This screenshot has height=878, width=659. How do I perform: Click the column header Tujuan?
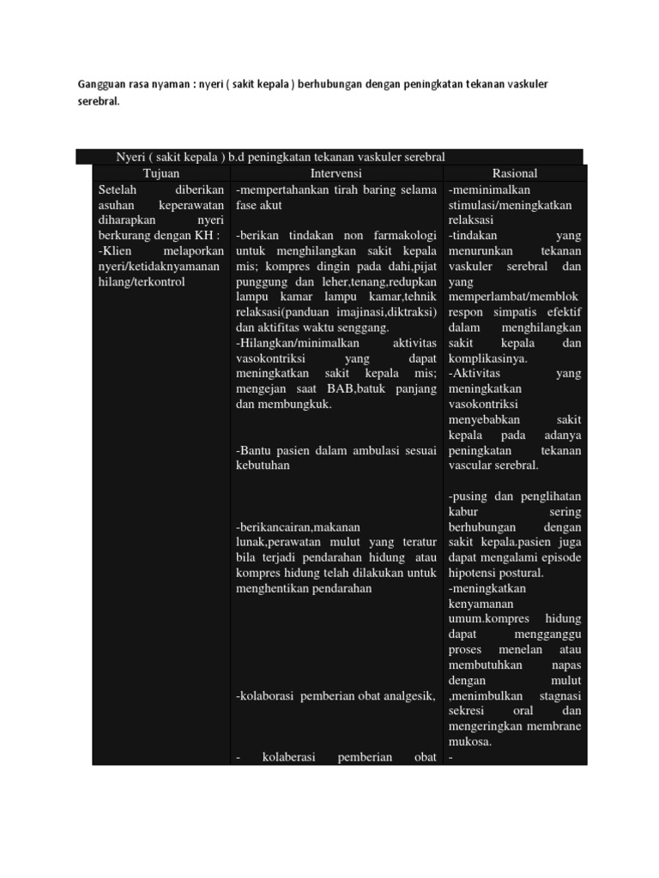tap(161, 173)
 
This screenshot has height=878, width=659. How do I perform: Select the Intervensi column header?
tap(338, 173)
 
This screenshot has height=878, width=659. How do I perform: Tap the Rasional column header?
tap(515, 173)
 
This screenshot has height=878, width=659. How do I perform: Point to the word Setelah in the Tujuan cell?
tap(118, 189)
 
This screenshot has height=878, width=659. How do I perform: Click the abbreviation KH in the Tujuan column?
tap(205, 236)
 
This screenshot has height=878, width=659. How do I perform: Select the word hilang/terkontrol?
tap(142, 281)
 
